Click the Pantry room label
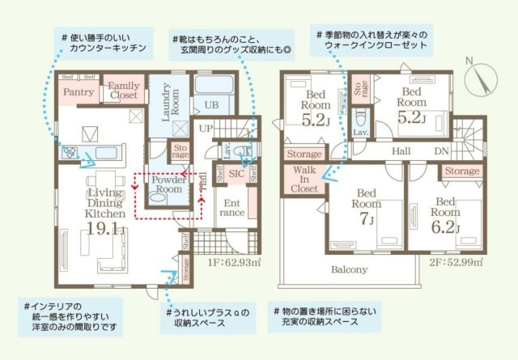[78, 92]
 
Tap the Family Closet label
[124, 90]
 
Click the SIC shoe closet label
[236, 173]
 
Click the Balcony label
[349, 269]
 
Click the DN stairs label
[442, 150]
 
